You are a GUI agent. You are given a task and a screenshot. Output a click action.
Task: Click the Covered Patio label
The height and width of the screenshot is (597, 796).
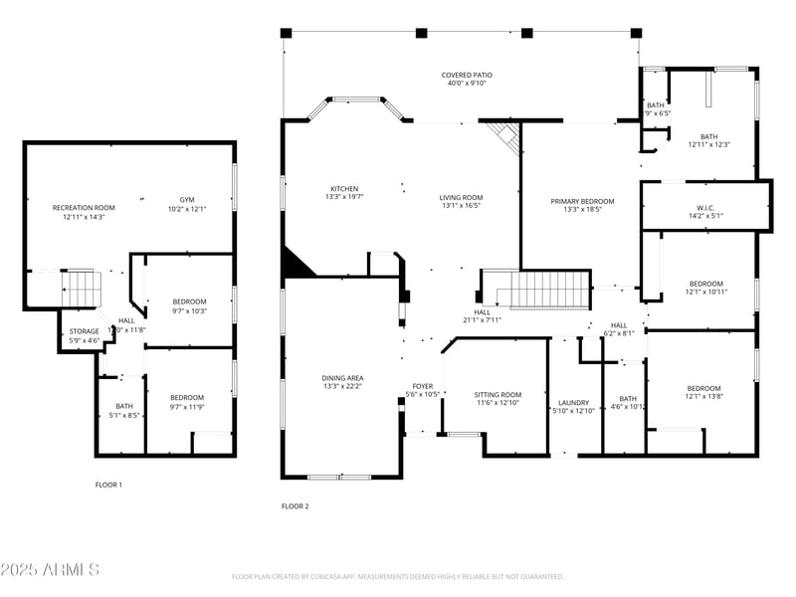[467, 75]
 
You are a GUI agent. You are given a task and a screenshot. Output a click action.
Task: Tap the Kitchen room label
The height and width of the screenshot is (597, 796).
[344, 188]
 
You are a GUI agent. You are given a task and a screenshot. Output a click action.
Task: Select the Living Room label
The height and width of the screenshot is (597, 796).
[461, 197]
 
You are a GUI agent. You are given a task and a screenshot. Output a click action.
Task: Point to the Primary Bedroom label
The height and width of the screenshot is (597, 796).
[582, 201]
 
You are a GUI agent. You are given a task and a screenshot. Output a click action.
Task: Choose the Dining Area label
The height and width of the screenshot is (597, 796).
[342, 377]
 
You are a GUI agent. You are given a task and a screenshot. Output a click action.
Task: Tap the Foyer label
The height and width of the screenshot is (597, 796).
[423, 385]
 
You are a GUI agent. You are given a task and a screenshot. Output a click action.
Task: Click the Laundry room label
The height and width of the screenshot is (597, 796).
[573, 402]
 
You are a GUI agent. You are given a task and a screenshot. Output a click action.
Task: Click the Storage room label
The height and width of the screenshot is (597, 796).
[84, 331]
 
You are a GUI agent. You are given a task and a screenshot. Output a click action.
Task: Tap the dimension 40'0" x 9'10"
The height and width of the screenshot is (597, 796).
[467, 84]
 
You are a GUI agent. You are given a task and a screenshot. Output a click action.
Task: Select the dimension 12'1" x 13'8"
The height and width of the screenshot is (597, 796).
[704, 397]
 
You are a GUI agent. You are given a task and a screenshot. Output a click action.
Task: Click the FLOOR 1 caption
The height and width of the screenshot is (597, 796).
[108, 485]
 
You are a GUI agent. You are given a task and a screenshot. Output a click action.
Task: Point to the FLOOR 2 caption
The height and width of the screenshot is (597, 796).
[296, 506]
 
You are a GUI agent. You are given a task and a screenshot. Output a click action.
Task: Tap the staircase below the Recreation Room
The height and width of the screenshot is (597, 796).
[82, 289]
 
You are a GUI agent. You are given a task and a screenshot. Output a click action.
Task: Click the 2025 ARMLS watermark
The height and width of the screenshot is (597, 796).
[50, 570]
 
